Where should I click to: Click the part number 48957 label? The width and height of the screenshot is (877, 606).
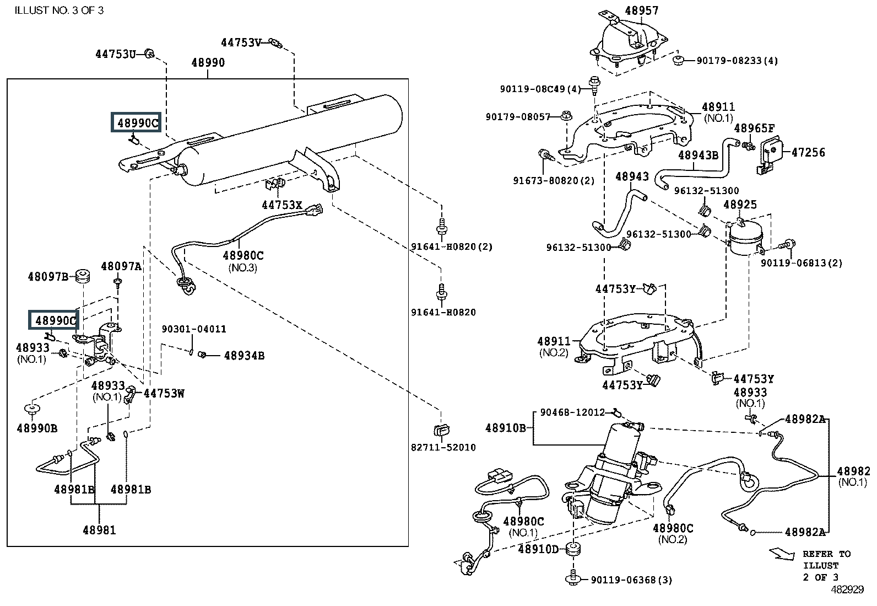tap(642, 10)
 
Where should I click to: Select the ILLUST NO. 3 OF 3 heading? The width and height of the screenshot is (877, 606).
tap(59, 10)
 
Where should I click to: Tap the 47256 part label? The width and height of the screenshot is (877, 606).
tap(808, 153)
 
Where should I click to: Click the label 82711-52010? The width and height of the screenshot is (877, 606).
tap(443, 447)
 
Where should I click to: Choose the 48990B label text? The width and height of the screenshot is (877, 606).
tap(37, 428)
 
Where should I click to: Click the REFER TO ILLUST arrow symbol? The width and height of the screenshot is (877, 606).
tap(782, 554)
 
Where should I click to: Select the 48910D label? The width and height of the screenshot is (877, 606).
tap(538, 549)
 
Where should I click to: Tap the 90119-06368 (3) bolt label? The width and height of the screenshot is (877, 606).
tap(631, 580)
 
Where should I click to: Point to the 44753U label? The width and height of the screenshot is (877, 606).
tap(116, 54)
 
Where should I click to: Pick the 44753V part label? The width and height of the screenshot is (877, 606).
tap(241, 42)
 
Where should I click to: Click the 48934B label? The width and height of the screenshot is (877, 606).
tap(244, 356)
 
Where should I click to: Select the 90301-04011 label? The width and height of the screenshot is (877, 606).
tap(194, 329)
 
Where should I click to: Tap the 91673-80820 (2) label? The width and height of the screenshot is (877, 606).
tap(554, 180)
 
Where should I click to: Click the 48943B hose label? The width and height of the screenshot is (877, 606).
tap(699, 155)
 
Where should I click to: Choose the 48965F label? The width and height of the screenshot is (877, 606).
tap(755, 128)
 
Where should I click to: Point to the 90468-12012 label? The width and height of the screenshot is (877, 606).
tap(572, 412)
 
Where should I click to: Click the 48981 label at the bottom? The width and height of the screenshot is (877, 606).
tap(100, 530)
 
